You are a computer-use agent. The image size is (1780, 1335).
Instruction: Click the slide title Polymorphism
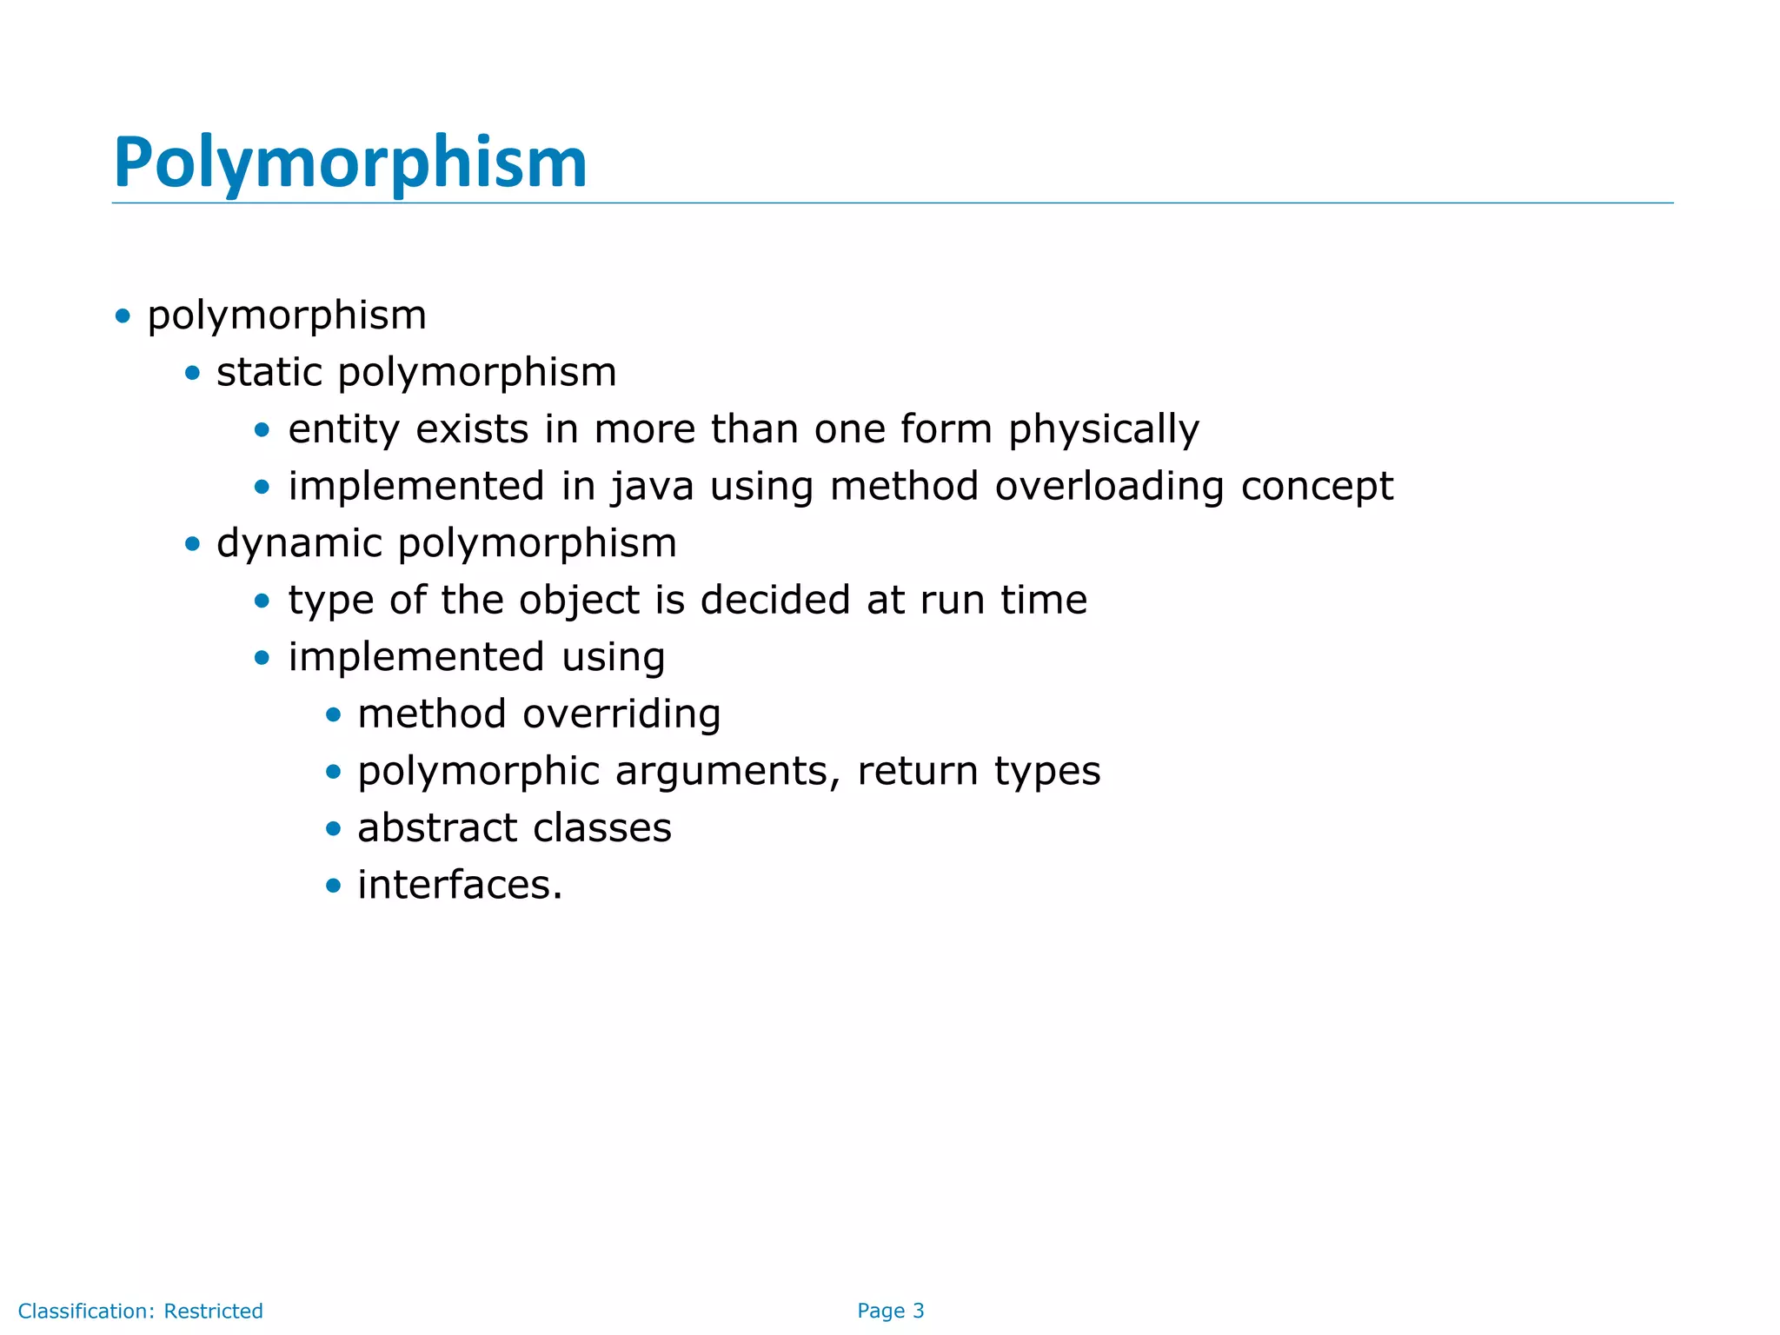tap(350, 163)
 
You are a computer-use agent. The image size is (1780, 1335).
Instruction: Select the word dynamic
tap(299, 544)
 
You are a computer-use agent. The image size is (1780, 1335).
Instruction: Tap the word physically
tap(1103, 429)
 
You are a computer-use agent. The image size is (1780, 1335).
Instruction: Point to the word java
tap(652, 487)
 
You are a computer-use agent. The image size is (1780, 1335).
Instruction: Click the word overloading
tap(1109, 487)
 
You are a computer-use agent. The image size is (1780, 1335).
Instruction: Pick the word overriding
tap(621, 714)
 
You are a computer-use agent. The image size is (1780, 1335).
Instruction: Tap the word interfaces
tap(460, 885)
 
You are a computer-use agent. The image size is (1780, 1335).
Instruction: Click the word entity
tap(343, 429)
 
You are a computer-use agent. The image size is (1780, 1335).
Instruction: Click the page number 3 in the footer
tap(918, 1311)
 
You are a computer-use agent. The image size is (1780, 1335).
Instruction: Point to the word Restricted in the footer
tap(213, 1311)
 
